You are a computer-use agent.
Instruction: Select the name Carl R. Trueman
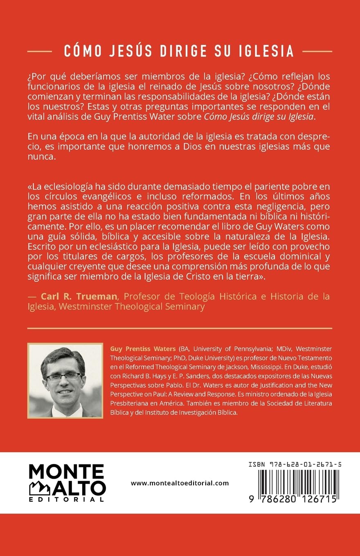pos(79,296)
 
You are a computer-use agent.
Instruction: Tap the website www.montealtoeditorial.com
pos(180,483)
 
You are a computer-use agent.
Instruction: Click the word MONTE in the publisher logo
pos(66,473)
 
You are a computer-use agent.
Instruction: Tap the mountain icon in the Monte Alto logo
pos(40,488)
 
